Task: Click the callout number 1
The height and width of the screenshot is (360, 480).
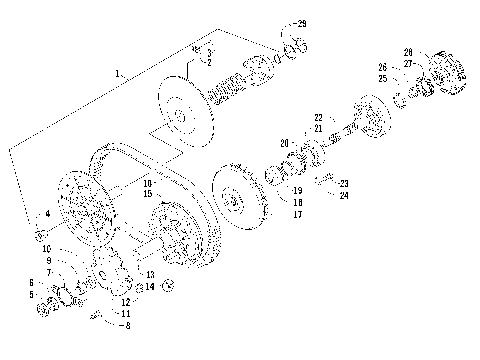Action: pos(118,73)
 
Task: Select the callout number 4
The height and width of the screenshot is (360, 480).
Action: pos(46,215)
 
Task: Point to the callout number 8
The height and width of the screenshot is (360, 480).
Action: pos(126,325)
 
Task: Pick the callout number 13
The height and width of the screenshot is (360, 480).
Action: pos(150,274)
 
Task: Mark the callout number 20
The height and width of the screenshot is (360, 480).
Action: pos(283,142)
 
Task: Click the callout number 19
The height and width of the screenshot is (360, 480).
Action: pos(296,189)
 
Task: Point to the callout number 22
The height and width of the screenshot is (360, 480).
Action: pos(318,117)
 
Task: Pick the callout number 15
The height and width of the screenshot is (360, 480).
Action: pos(147,193)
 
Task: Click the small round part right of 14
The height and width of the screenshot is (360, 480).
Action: pos(169,288)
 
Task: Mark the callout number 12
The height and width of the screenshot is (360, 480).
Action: pos(127,300)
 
